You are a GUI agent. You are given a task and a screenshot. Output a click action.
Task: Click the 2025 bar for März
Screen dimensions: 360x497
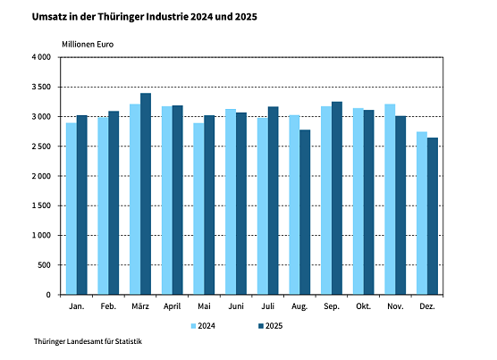click(146, 194)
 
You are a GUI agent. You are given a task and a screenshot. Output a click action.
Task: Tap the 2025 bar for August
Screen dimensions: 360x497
click(306, 212)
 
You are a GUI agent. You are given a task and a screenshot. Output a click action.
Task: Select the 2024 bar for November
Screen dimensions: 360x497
click(391, 199)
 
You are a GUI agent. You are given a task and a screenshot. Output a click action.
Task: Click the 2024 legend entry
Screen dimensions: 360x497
click(204, 325)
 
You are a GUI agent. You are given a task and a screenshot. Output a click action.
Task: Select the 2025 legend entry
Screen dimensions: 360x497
click(269, 325)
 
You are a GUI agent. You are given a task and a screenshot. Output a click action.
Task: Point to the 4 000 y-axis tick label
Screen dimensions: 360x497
click(41, 57)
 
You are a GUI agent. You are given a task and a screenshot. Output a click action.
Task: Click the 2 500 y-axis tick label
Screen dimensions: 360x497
click(41, 147)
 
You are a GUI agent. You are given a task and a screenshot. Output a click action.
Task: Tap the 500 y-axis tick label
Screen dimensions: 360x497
click(44, 265)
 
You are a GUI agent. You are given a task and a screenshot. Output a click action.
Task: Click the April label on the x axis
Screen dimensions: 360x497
click(173, 306)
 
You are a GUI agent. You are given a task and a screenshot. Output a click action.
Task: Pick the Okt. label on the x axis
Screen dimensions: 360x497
click(364, 306)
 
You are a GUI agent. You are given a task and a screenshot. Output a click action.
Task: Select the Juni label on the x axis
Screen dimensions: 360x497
click(236, 306)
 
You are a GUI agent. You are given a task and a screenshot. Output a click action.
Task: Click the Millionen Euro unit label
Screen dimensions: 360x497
click(88, 43)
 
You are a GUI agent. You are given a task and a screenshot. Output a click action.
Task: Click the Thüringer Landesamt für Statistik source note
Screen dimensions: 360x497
click(88, 342)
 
